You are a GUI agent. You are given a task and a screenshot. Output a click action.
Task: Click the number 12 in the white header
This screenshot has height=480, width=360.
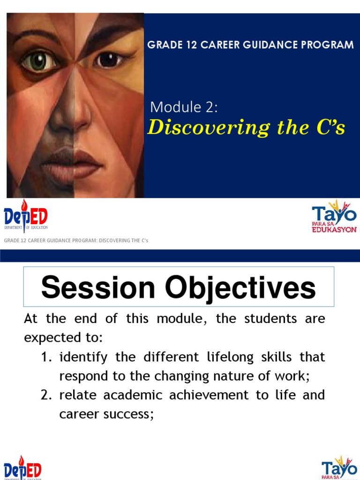coord(183,45)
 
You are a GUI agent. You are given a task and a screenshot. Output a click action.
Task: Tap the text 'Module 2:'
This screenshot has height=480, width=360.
coord(184,107)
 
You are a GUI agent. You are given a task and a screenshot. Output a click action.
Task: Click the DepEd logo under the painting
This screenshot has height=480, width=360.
coord(26,217)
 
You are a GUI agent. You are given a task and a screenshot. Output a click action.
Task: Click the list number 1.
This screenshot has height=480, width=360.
coord(45,357)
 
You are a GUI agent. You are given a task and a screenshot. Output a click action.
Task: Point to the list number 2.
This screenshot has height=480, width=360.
coord(45,395)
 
